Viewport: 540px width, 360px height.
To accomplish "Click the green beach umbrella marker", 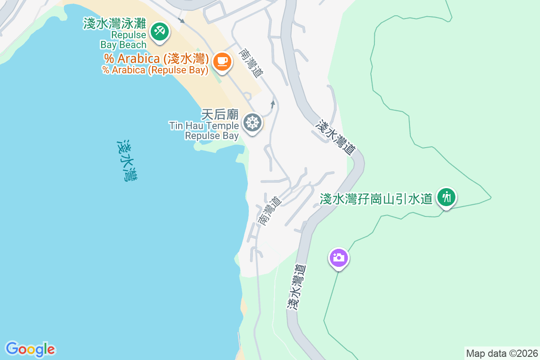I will (159, 32).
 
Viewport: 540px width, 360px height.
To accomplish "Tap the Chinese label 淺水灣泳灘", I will (115, 23).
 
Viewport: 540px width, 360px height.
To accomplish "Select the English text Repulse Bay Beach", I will (123, 40).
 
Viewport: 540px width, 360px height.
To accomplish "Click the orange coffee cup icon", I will (221, 61).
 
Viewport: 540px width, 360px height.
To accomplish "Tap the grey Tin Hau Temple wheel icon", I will (252, 122).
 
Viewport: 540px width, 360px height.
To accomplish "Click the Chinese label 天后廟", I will (220, 115).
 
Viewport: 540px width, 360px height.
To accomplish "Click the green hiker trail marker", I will (446, 197).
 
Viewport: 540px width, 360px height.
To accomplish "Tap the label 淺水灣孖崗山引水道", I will (376, 198).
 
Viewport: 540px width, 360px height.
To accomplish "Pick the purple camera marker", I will (339, 258).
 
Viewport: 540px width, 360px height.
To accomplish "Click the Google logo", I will (30, 349).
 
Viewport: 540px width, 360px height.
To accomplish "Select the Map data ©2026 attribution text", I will (502, 353).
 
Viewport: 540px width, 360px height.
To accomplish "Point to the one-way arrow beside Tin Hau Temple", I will (273, 104).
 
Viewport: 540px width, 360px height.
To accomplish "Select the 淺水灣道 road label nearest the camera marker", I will (296, 287).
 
